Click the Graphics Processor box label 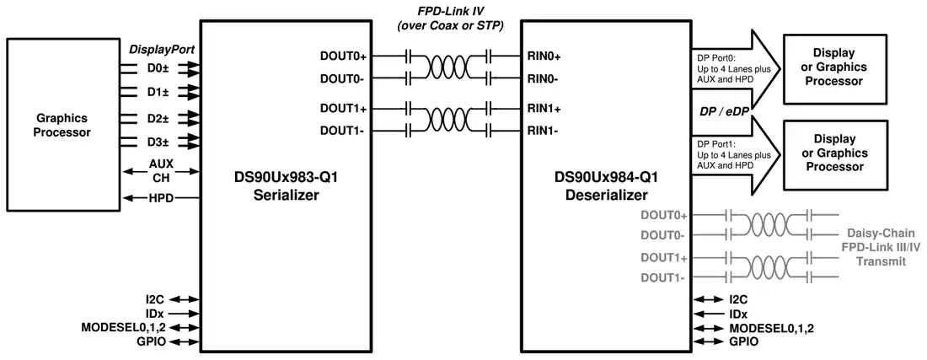62,126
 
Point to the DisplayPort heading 162,50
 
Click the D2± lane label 158,119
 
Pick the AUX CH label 162,170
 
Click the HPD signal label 162,198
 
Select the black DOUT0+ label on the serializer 343,56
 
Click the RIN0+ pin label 544,56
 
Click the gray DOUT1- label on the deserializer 662,278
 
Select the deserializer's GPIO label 744,341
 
